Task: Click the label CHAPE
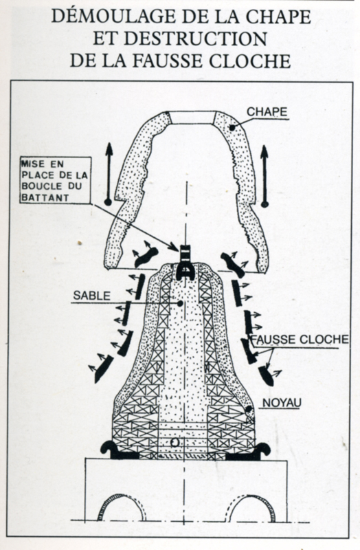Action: (267, 111)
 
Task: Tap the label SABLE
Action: (92, 296)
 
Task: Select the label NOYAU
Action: (282, 402)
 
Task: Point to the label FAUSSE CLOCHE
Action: (300, 339)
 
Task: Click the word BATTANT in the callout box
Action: (45, 197)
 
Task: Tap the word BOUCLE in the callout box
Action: (42, 186)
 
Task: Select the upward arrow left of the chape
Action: (109, 174)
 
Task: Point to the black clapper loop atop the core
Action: (185, 263)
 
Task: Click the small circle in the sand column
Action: (175, 442)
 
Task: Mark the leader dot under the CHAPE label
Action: (232, 128)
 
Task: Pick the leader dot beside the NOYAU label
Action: (248, 409)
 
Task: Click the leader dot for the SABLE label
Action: (180, 303)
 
